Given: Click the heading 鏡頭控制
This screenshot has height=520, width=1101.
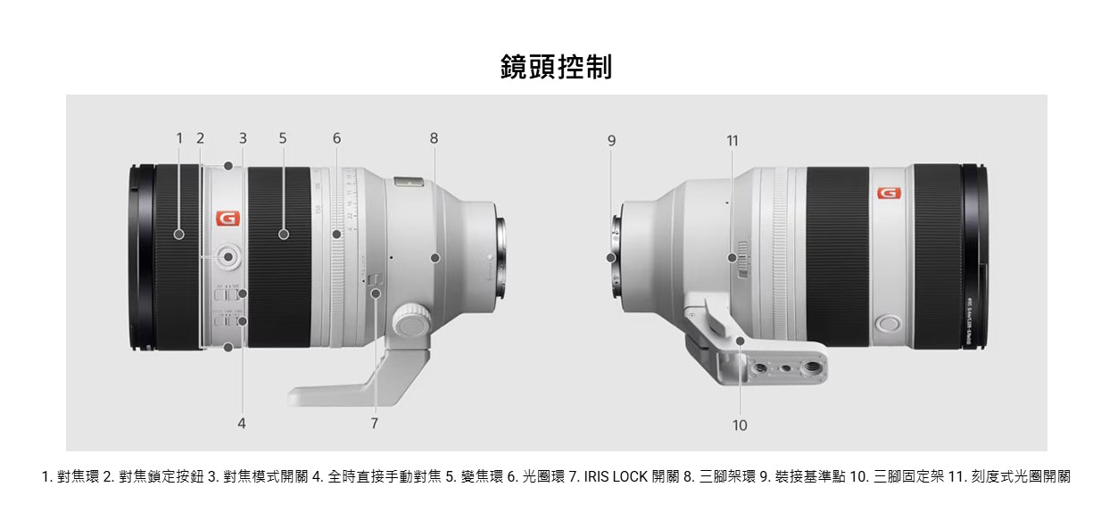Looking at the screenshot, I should (x=556, y=66).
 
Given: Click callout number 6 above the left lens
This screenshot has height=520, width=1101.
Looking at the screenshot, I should (x=336, y=138).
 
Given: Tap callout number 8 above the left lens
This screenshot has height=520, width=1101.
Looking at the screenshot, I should (x=434, y=138).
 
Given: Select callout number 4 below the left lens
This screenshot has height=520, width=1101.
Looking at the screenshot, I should (x=242, y=424).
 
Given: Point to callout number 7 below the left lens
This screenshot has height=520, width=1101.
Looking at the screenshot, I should (x=375, y=424).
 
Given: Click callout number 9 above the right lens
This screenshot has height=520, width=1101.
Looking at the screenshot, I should (x=611, y=140).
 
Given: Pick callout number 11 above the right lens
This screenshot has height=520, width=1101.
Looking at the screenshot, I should (x=733, y=140).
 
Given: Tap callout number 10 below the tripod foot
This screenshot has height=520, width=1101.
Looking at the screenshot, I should (x=740, y=425).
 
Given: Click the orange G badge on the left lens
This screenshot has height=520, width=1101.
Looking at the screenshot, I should (x=227, y=219).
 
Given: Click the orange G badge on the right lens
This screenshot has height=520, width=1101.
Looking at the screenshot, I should (x=889, y=194).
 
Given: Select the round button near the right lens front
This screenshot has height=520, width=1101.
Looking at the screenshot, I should (x=888, y=323).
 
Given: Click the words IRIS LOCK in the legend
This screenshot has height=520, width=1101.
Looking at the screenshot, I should (x=616, y=477).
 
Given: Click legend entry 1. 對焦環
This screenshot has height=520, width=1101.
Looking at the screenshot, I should (x=70, y=477).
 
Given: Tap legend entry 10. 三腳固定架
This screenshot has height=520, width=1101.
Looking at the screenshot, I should (x=893, y=477).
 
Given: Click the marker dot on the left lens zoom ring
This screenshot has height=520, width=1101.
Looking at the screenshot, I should (x=284, y=235).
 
